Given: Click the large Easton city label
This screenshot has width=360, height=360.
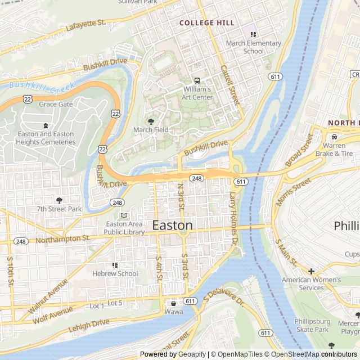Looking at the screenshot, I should pos(172,226).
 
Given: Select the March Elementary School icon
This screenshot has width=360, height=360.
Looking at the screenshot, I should pos(253,34).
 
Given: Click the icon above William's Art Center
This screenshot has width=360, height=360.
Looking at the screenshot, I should pos(197,80).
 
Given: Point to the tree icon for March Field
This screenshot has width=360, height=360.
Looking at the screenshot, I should pos(150,121).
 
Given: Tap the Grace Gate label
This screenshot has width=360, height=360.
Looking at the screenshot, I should pos(56,104).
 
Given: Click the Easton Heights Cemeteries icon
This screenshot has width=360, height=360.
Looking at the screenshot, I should pos(46,125).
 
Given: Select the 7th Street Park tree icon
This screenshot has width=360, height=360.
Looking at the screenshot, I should pos(59,200).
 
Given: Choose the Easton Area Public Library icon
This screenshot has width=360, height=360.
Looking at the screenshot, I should pos(124,215).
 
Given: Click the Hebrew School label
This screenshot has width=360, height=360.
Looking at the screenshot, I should pos(115,274).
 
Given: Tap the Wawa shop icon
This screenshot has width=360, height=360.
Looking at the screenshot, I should pos(173,304).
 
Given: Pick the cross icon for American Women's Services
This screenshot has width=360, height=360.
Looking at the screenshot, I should pos(311,271).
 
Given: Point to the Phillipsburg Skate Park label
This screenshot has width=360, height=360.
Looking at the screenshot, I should pos(312,326).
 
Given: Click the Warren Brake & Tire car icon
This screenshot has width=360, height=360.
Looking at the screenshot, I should pos(335,137).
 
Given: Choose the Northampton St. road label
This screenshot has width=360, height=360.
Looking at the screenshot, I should pos(62,239).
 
